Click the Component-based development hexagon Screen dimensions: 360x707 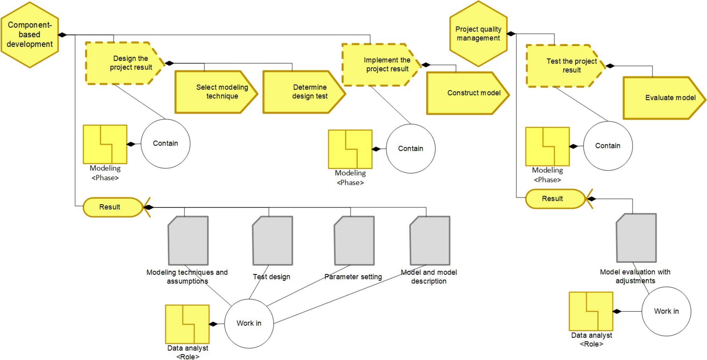(30, 35)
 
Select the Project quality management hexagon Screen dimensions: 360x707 (478, 34)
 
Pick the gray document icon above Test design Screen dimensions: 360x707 (272, 241)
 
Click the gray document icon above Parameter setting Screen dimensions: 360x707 (354, 241)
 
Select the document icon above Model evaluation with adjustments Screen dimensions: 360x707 (636, 238)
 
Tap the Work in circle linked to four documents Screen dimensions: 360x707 (249, 323)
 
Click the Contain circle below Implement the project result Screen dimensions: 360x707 (410, 148)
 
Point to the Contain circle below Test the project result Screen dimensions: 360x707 (608, 146)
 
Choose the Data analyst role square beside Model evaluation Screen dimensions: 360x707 (591, 311)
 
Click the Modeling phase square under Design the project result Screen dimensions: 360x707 (105, 144)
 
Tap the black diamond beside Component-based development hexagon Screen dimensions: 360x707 (62, 35)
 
